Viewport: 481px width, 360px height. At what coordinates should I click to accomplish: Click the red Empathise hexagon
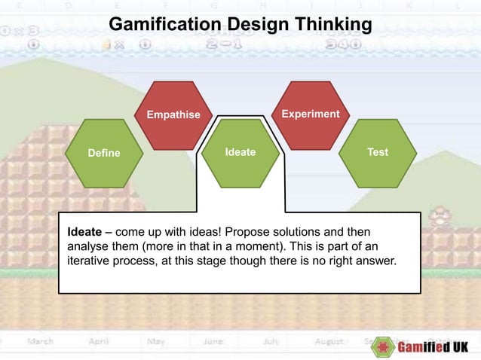(173, 115)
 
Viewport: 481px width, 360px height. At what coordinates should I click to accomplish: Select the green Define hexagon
(104, 153)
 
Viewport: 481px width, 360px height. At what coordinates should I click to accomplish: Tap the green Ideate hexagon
(240, 152)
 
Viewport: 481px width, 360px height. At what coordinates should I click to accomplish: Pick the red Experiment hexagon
(310, 114)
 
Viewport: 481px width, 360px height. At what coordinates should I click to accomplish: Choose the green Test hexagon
(378, 152)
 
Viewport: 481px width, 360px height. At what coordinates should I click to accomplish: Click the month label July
(271, 341)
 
